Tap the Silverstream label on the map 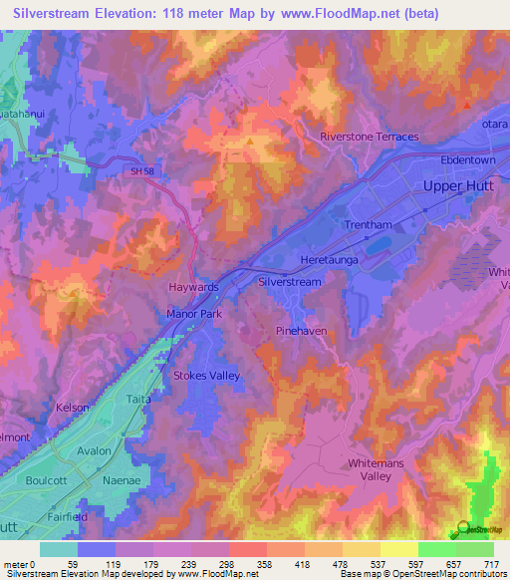(290, 282)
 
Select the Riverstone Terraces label (369, 137)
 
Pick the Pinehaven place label (301, 330)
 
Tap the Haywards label (192, 286)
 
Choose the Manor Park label (193, 314)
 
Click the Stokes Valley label (207, 376)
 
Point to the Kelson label (73, 408)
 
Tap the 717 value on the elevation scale (493, 564)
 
